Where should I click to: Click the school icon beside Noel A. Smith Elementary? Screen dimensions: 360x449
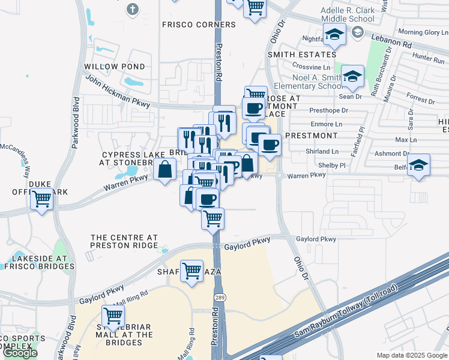(x=353, y=77)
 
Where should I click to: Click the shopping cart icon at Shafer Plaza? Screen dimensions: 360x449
(x=191, y=271)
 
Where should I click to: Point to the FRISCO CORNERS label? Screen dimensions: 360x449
(x=199, y=25)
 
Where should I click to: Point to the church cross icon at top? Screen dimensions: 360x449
(x=133, y=10)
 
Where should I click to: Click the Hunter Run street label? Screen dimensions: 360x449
(x=428, y=59)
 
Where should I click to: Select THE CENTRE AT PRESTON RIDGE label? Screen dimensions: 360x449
(x=124, y=241)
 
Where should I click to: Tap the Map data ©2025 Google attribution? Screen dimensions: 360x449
(x=412, y=355)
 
